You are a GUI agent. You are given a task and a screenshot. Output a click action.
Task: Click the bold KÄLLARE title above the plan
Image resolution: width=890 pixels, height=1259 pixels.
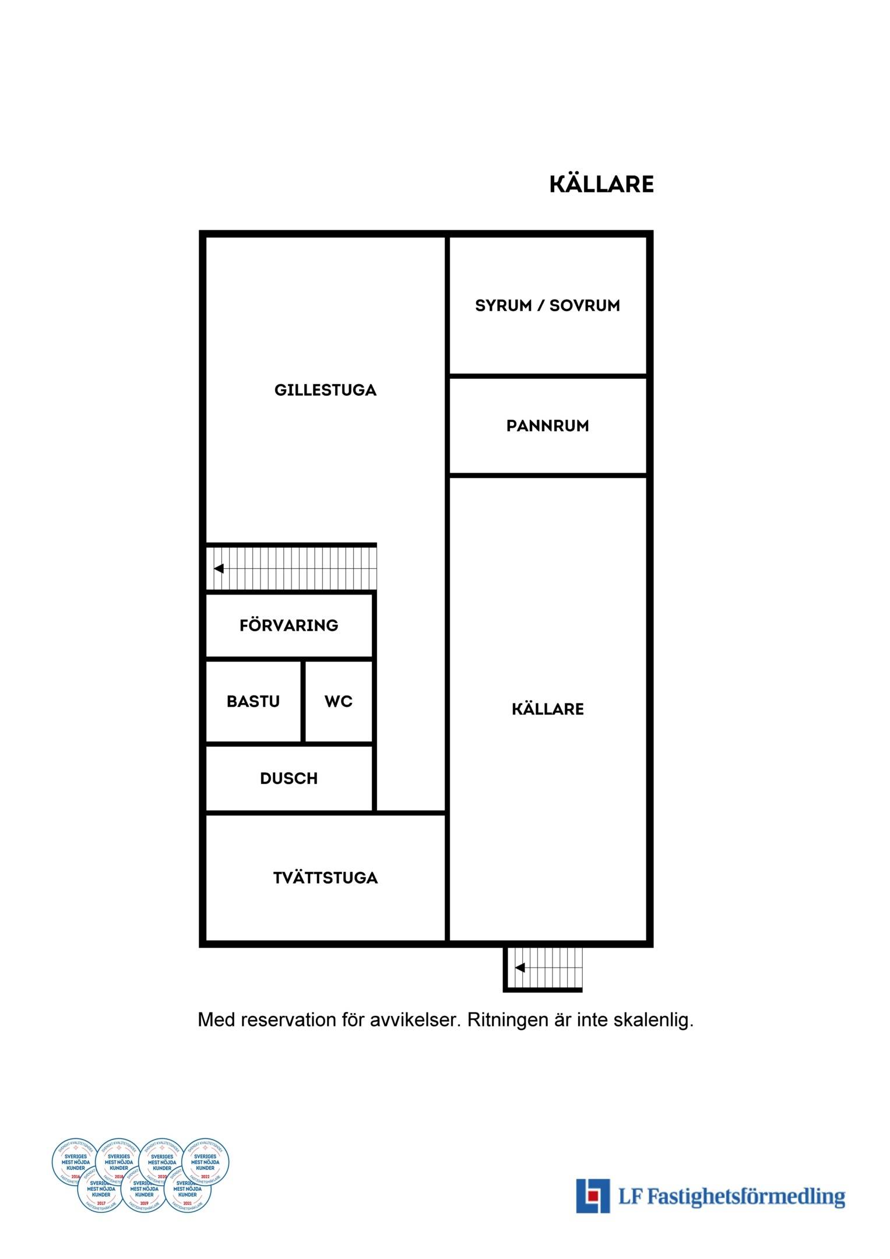[x=601, y=184]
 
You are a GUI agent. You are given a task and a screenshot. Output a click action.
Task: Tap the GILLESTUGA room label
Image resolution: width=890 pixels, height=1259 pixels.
[x=325, y=390]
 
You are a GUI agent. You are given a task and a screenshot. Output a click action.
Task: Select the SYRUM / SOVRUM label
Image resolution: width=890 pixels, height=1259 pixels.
[x=547, y=305]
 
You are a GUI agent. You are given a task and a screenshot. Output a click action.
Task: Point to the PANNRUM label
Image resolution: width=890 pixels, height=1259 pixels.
[x=547, y=426]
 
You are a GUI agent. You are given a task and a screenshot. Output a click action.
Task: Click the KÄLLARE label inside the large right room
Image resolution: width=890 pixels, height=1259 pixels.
[x=547, y=709]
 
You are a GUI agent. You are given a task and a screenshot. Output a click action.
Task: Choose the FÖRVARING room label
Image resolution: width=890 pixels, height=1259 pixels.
[x=289, y=625]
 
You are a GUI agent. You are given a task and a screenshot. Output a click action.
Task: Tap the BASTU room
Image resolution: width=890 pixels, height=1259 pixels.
[x=253, y=701]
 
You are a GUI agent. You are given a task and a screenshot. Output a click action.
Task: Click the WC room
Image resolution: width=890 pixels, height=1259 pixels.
[x=339, y=701]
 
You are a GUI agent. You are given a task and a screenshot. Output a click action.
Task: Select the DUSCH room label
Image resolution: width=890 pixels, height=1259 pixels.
[x=289, y=779]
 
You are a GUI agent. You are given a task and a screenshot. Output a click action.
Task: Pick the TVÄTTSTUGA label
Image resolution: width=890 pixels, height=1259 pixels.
[x=325, y=878]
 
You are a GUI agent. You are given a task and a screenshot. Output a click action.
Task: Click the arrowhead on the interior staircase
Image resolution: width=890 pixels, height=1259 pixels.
[x=219, y=568]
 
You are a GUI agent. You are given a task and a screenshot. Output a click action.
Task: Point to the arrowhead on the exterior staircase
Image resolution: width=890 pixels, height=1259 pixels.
[x=520, y=968]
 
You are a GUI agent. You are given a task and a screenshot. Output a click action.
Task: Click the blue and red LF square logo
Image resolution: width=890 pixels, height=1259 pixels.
[x=593, y=1196]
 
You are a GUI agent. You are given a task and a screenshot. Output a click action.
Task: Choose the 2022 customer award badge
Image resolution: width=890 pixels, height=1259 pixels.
[x=205, y=1162]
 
